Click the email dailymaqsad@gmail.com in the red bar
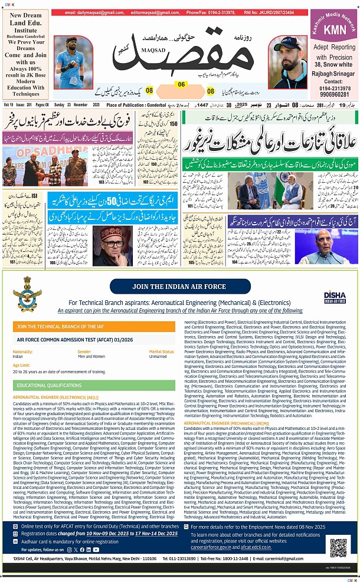point(90,12)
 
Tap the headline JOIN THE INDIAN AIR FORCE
point(179,287)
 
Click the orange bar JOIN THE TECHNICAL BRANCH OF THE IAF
point(95,326)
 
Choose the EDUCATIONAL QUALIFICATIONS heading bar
point(95,385)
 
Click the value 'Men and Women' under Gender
point(91,357)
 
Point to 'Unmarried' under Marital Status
point(158,357)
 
